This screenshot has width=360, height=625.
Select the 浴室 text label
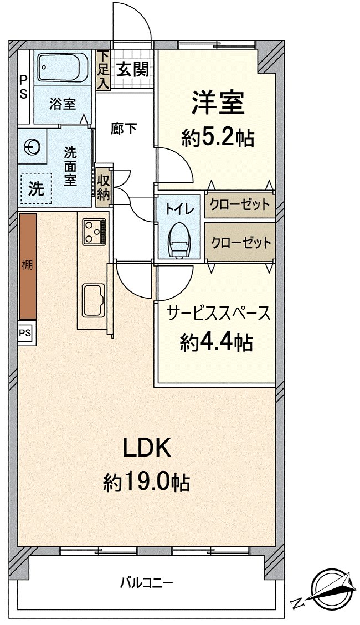click(x=62, y=104)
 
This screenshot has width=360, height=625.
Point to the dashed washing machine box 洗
click(x=36, y=188)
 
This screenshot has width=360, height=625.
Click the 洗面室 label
click(x=70, y=166)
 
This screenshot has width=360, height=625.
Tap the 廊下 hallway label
click(x=124, y=128)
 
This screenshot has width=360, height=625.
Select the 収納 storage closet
click(x=104, y=187)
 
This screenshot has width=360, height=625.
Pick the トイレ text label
click(x=180, y=209)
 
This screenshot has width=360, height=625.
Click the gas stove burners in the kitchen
click(x=94, y=231)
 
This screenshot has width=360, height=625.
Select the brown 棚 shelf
click(x=28, y=265)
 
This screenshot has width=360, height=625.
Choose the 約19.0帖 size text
click(x=146, y=483)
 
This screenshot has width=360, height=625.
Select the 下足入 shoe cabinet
click(x=103, y=69)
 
